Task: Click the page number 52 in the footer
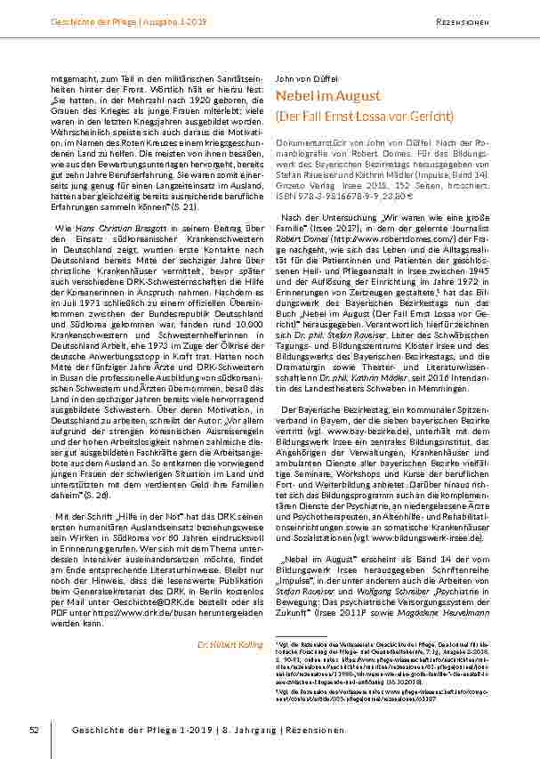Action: click(x=34, y=730)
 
